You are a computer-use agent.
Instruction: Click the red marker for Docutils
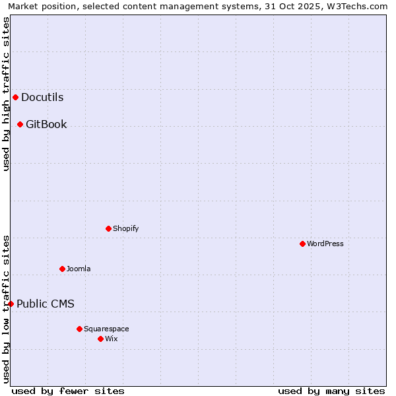click(x=15, y=98)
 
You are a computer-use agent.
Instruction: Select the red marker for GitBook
click(x=20, y=124)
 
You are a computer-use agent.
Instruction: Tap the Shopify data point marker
click(x=108, y=228)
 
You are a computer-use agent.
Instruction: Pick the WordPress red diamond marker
click(x=302, y=244)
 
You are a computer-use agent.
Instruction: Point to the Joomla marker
click(x=62, y=269)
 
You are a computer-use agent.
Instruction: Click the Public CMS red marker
click(x=11, y=304)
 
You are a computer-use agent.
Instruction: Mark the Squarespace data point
click(x=79, y=329)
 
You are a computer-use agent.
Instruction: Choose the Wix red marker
click(x=100, y=339)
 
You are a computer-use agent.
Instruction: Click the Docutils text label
click(x=42, y=98)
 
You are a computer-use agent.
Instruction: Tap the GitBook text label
click(x=46, y=124)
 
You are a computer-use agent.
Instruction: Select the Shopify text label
click(x=125, y=228)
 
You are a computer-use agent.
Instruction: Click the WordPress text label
click(x=325, y=244)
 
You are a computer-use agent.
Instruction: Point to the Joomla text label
click(x=79, y=269)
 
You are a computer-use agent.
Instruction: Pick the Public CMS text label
click(x=46, y=304)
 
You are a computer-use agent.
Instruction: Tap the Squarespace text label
click(x=106, y=329)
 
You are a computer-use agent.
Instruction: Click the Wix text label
click(x=111, y=339)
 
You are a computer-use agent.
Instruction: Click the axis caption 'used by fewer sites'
click(x=68, y=391)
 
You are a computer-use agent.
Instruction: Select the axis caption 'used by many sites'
click(x=331, y=391)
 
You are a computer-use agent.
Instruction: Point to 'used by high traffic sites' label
click(x=6, y=94)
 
